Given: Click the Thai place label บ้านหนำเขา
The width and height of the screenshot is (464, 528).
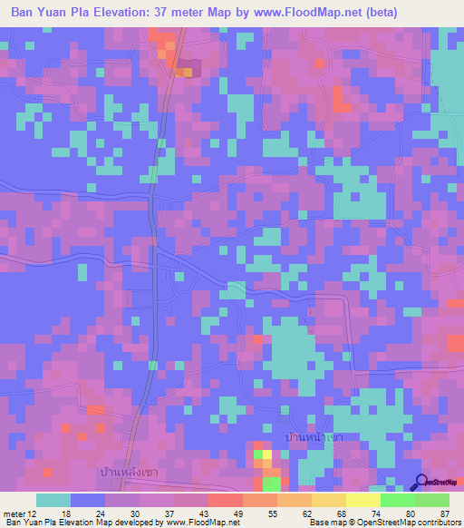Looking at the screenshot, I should pyautogui.click(x=314, y=437).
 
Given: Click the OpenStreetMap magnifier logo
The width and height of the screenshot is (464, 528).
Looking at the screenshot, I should pyautogui.click(x=421, y=483).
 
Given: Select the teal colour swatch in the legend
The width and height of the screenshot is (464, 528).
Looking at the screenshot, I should pyautogui.click(x=53, y=500).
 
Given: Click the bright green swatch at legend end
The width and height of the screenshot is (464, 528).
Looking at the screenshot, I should pyautogui.click(x=432, y=500).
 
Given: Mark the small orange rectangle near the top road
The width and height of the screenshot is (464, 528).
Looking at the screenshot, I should pyautogui.click(x=184, y=72).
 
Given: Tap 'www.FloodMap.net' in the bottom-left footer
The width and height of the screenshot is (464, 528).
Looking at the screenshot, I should pyautogui.click(x=198, y=523).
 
